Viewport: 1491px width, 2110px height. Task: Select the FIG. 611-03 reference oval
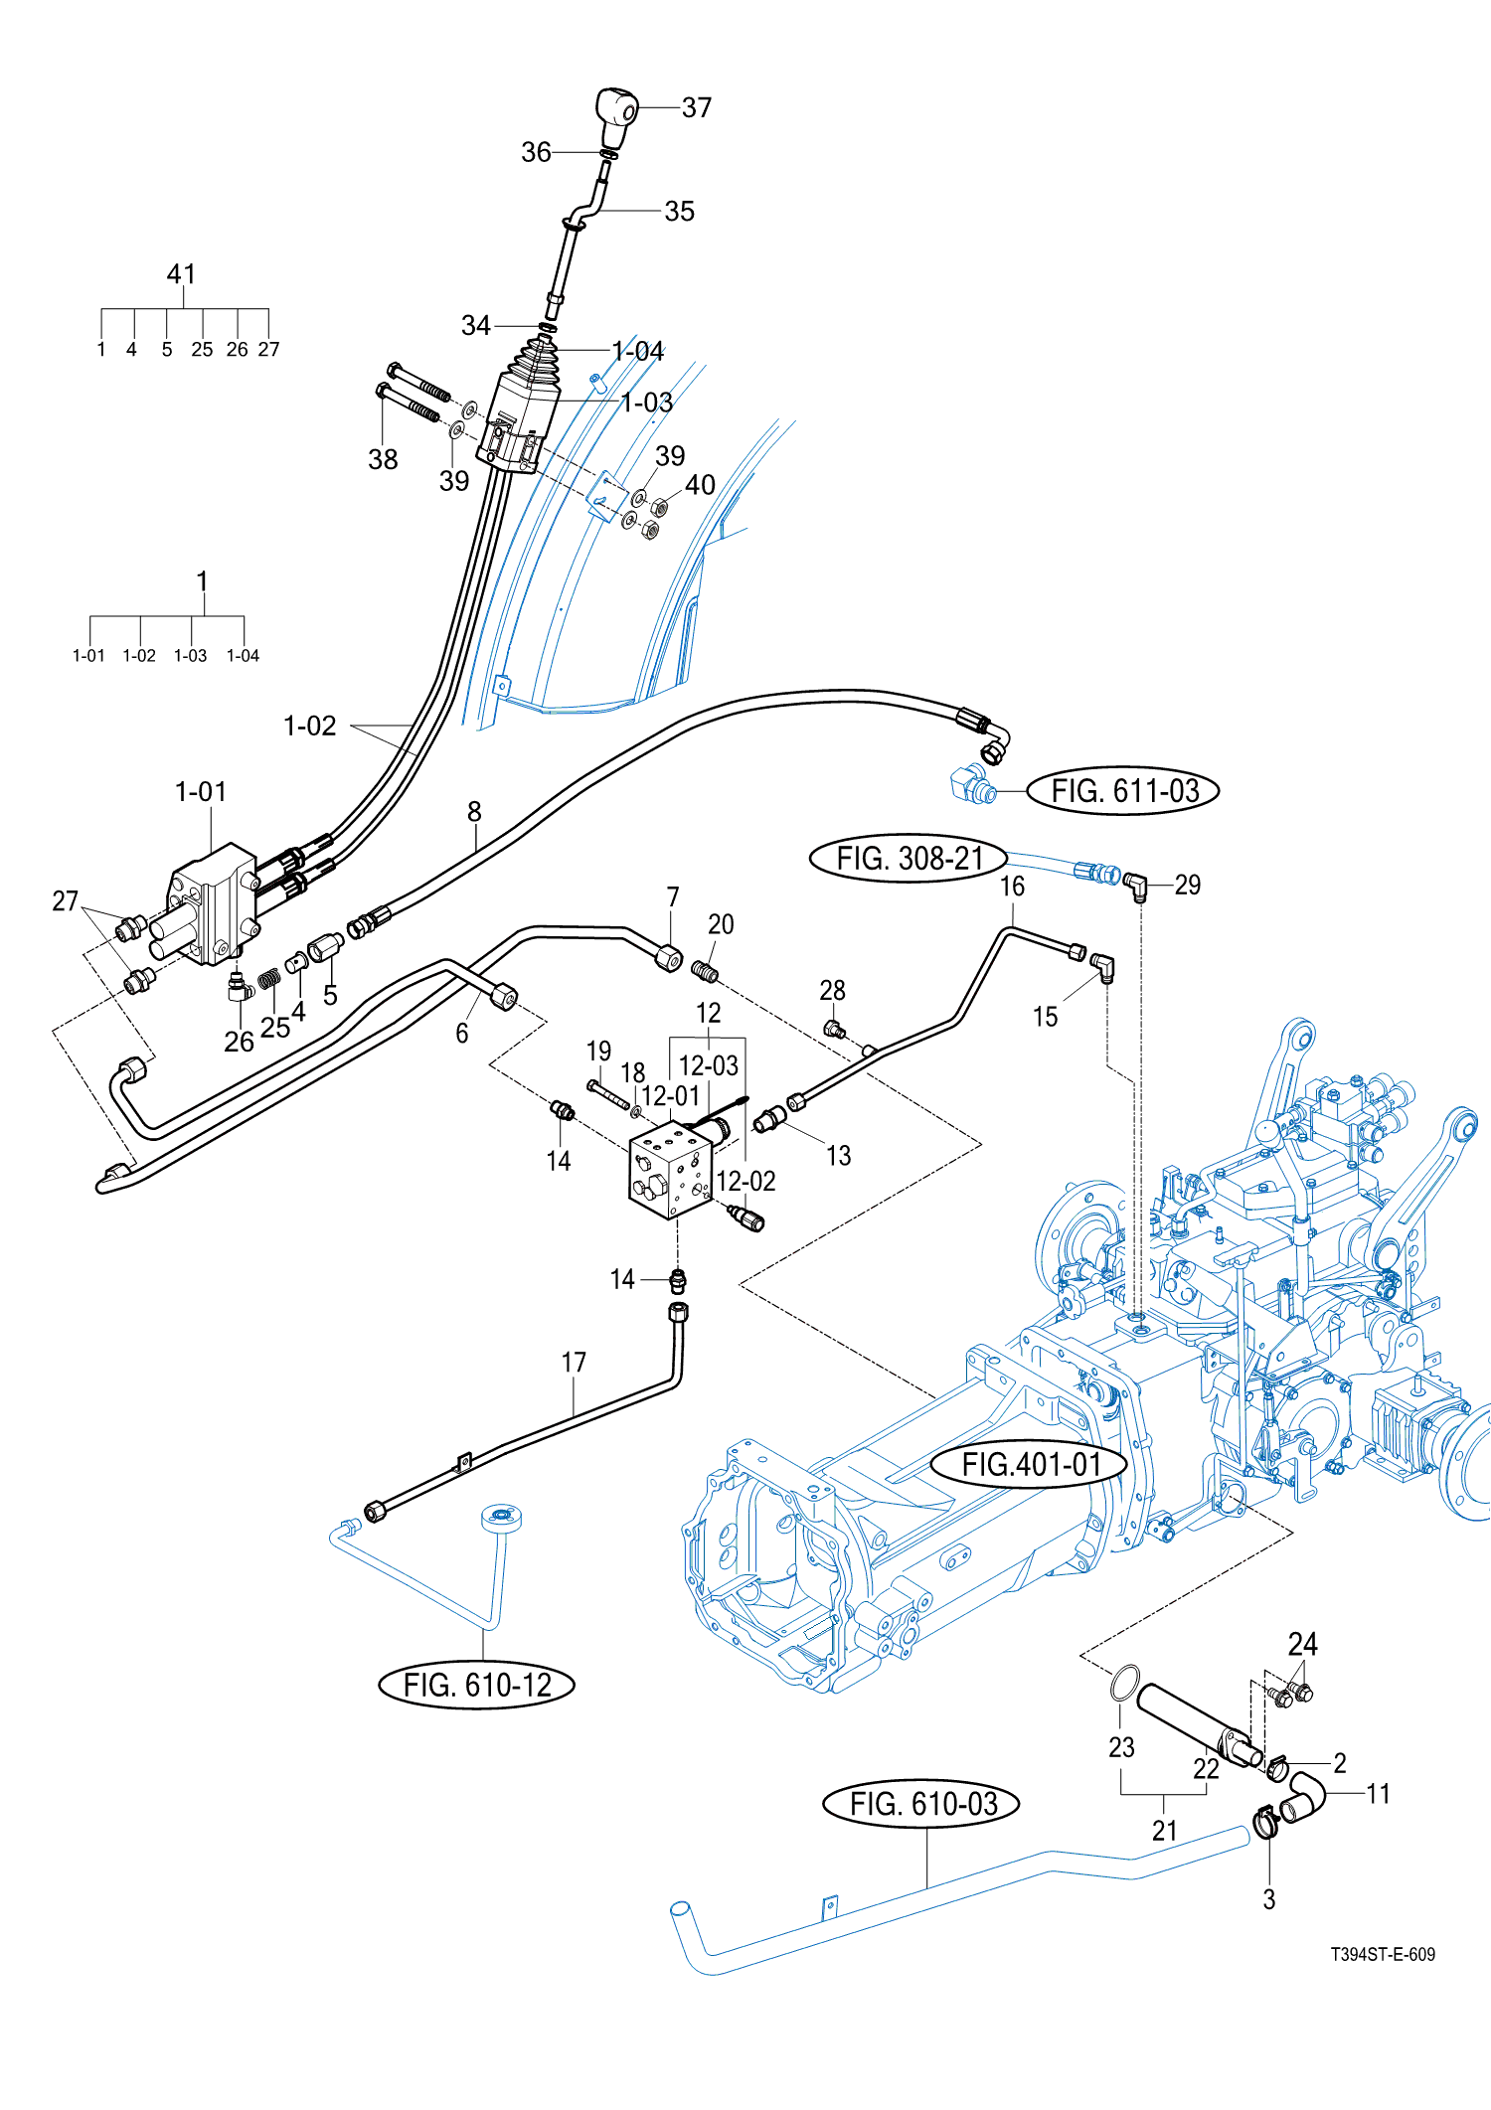point(1122,791)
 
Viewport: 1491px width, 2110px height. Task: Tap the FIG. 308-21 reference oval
point(909,859)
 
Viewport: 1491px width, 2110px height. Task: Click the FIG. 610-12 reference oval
point(476,1685)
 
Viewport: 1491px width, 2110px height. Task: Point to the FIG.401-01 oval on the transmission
point(1030,1464)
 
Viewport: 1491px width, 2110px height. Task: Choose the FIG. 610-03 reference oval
point(921,1804)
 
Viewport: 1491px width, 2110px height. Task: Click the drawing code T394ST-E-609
point(1383,1954)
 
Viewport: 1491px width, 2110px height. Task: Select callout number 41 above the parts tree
point(181,274)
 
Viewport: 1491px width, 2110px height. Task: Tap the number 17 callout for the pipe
point(574,1362)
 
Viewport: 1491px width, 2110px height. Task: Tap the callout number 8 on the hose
point(474,812)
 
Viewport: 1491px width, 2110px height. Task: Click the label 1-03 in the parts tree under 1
point(190,656)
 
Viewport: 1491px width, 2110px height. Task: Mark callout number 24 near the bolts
point(1302,1645)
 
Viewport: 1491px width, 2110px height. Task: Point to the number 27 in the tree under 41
point(268,350)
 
